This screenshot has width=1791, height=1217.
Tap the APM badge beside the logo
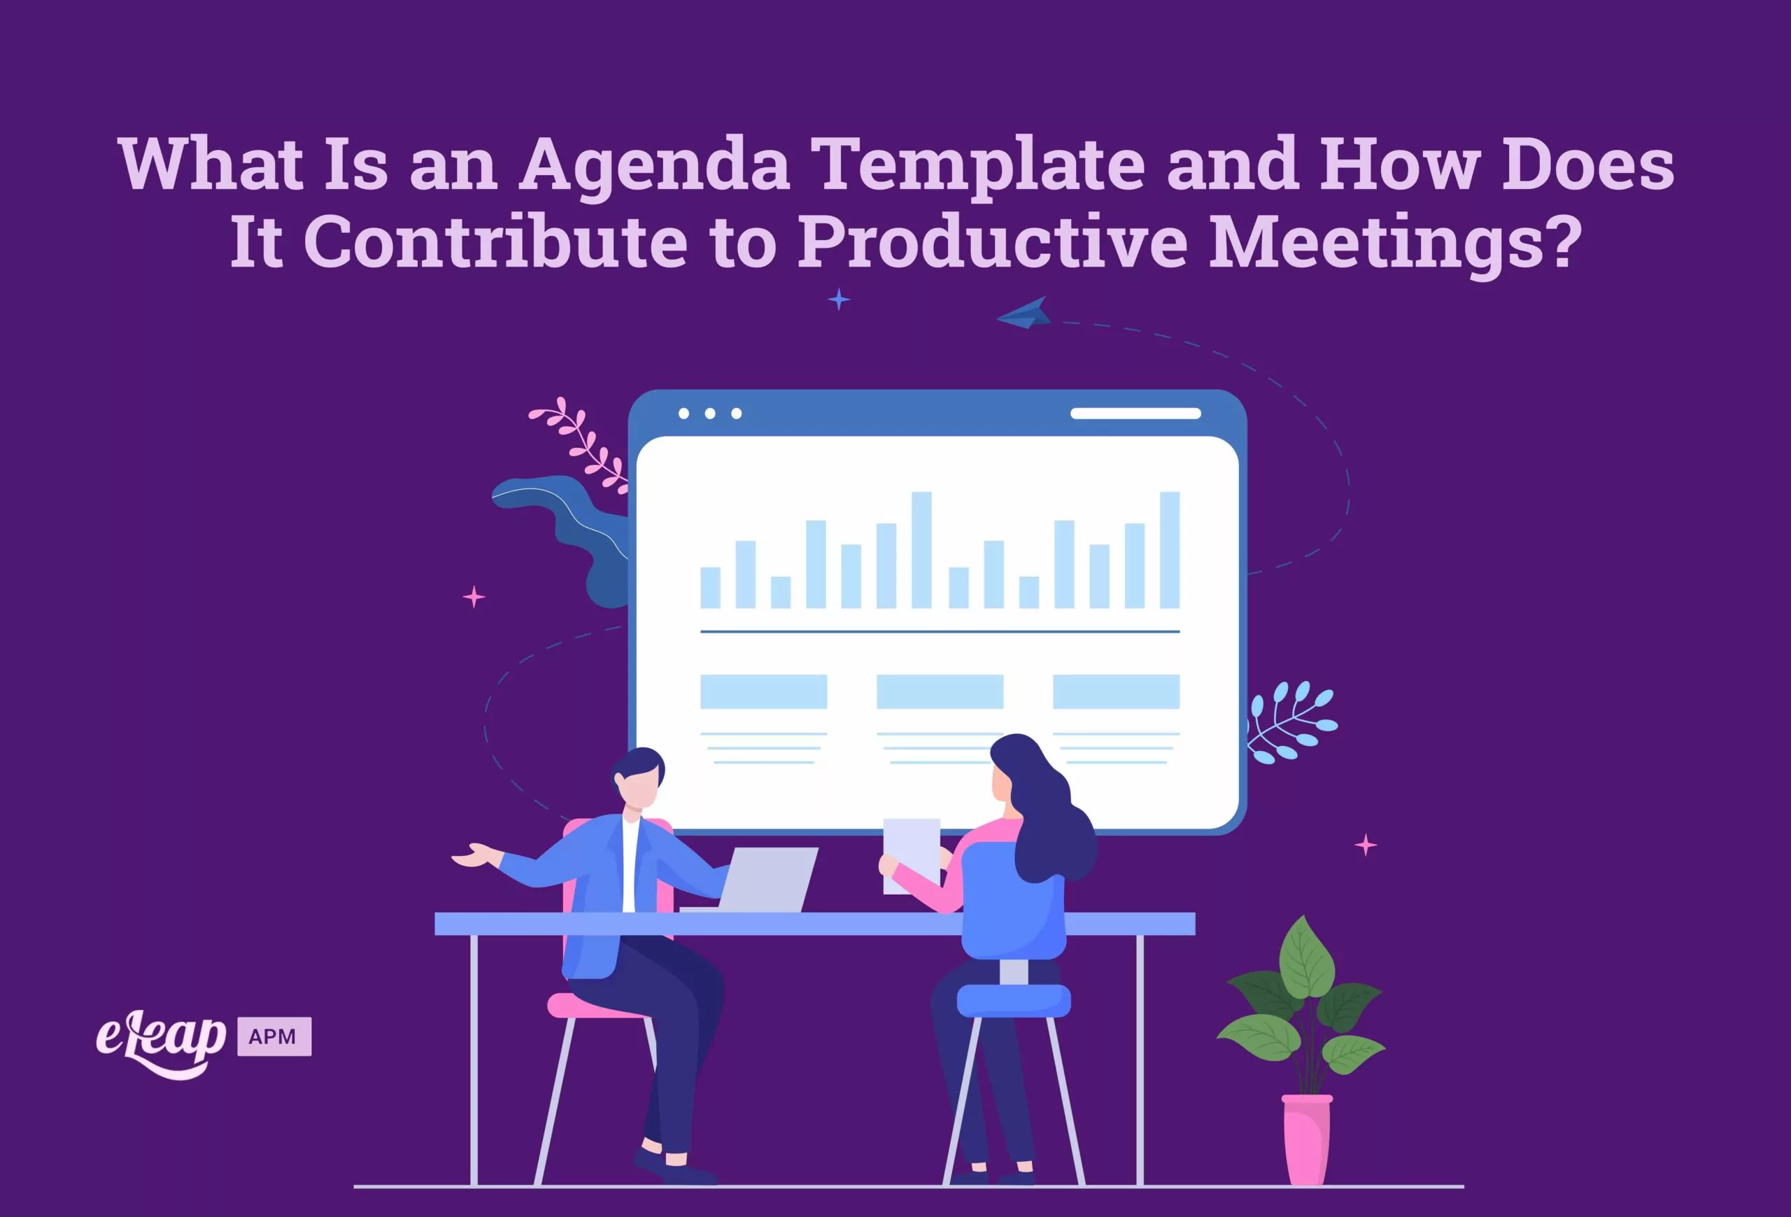(x=274, y=1036)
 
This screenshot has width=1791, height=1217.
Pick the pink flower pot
(x=1307, y=1139)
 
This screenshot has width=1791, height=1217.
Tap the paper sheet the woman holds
(x=911, y=855)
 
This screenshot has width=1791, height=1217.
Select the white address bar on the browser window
(x=1135, y=414)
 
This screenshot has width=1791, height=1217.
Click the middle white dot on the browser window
(x=710, y=414)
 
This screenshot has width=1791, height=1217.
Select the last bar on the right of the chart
(x=1170, y=550)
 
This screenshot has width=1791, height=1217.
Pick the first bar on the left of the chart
(x=710, y=588)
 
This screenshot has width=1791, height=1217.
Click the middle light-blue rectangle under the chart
(x=940, y=691)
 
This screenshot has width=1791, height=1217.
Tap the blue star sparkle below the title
(x=838, y=299)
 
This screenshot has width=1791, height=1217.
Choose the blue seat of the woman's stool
(x=1014, y=1001)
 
